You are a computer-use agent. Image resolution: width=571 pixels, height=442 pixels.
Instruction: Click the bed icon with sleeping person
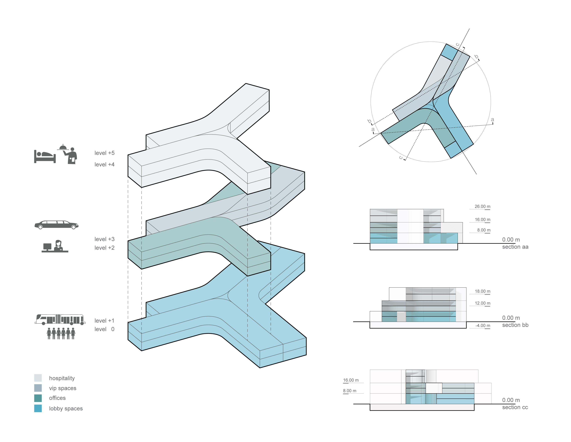(45, 156)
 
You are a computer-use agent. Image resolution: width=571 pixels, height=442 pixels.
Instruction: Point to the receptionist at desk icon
(55, 246)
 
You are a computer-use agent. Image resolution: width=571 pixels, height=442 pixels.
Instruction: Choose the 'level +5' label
(105, 153)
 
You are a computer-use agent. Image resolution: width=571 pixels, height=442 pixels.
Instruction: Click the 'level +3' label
(105, 239)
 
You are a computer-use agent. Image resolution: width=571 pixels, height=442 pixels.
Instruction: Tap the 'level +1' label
(105, 320)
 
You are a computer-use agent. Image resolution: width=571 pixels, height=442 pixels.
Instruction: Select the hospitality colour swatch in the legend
(38, 378)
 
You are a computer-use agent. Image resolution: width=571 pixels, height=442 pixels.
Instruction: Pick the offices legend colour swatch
(38, 398)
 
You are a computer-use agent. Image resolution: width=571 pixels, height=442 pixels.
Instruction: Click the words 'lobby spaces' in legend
(66, 409)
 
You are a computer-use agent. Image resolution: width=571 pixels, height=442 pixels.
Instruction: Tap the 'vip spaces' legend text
(63, 388)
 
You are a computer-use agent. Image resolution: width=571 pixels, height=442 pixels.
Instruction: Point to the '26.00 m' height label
(482, 206)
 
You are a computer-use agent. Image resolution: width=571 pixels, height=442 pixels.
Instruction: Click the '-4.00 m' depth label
(483, 326)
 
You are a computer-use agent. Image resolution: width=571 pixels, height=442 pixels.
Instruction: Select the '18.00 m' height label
(483, 291)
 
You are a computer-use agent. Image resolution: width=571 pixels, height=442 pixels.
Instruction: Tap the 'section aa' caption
(515, 247)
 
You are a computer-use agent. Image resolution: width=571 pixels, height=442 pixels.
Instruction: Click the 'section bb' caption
(515, 325)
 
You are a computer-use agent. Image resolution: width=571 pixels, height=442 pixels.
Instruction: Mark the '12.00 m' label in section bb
(483, 303)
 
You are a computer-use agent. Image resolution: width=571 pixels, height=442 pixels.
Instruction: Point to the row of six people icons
(61, 333)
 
